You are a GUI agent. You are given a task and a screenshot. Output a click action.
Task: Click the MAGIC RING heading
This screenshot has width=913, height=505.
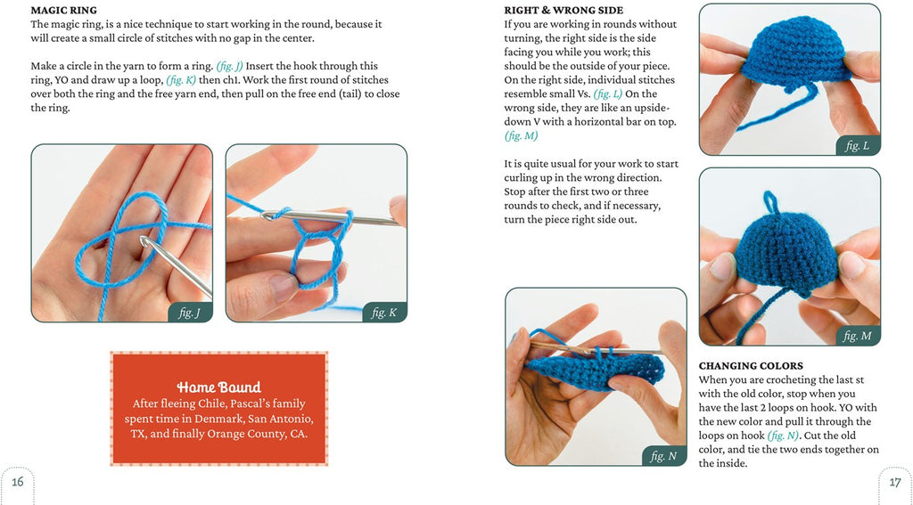coord(64,11)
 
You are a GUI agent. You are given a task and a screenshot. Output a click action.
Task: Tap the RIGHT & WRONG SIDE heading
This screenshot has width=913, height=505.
coord(563,11)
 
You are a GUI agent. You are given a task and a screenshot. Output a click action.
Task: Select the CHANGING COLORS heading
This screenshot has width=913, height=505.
coord(751,366)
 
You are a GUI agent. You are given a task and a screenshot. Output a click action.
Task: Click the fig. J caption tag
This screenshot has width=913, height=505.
coord(190,313)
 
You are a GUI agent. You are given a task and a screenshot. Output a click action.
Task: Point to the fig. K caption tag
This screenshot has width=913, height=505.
coord(384,313)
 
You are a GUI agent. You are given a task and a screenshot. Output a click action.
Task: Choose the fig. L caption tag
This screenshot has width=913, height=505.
coord(858,146)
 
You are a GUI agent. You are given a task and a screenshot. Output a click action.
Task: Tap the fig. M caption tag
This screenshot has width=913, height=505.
coord(858,336)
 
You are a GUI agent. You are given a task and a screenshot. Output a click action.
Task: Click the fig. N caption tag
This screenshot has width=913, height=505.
coord(663,456)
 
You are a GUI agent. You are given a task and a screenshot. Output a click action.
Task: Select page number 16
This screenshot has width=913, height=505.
coord(18,482)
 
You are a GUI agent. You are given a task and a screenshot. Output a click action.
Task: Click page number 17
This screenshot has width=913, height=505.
coord(895,483)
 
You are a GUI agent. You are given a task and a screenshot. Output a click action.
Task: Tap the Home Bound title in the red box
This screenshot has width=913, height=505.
coord(219,387)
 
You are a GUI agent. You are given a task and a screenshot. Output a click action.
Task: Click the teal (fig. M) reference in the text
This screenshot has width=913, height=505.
coord(521,136)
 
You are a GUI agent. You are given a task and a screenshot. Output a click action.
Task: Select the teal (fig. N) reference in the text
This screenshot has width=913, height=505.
coord(783,436)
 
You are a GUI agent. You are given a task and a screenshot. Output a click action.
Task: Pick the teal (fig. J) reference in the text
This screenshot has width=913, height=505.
coord(229,66)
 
